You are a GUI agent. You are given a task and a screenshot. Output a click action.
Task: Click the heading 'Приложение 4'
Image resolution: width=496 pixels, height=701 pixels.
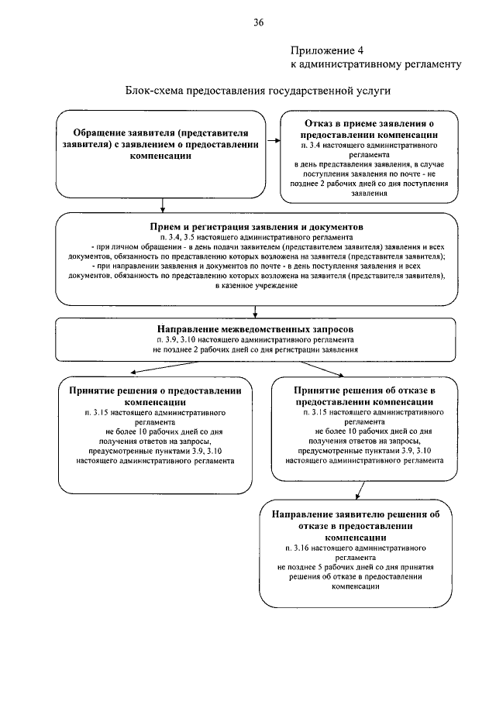coord(323,49)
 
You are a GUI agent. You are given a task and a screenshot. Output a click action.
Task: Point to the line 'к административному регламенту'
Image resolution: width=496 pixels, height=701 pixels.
coord(376,64)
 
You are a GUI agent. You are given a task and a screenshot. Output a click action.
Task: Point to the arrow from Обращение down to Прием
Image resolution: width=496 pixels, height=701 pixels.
coord(161,205)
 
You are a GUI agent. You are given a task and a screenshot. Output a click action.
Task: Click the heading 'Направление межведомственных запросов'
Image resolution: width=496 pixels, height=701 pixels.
coord(256,329)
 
